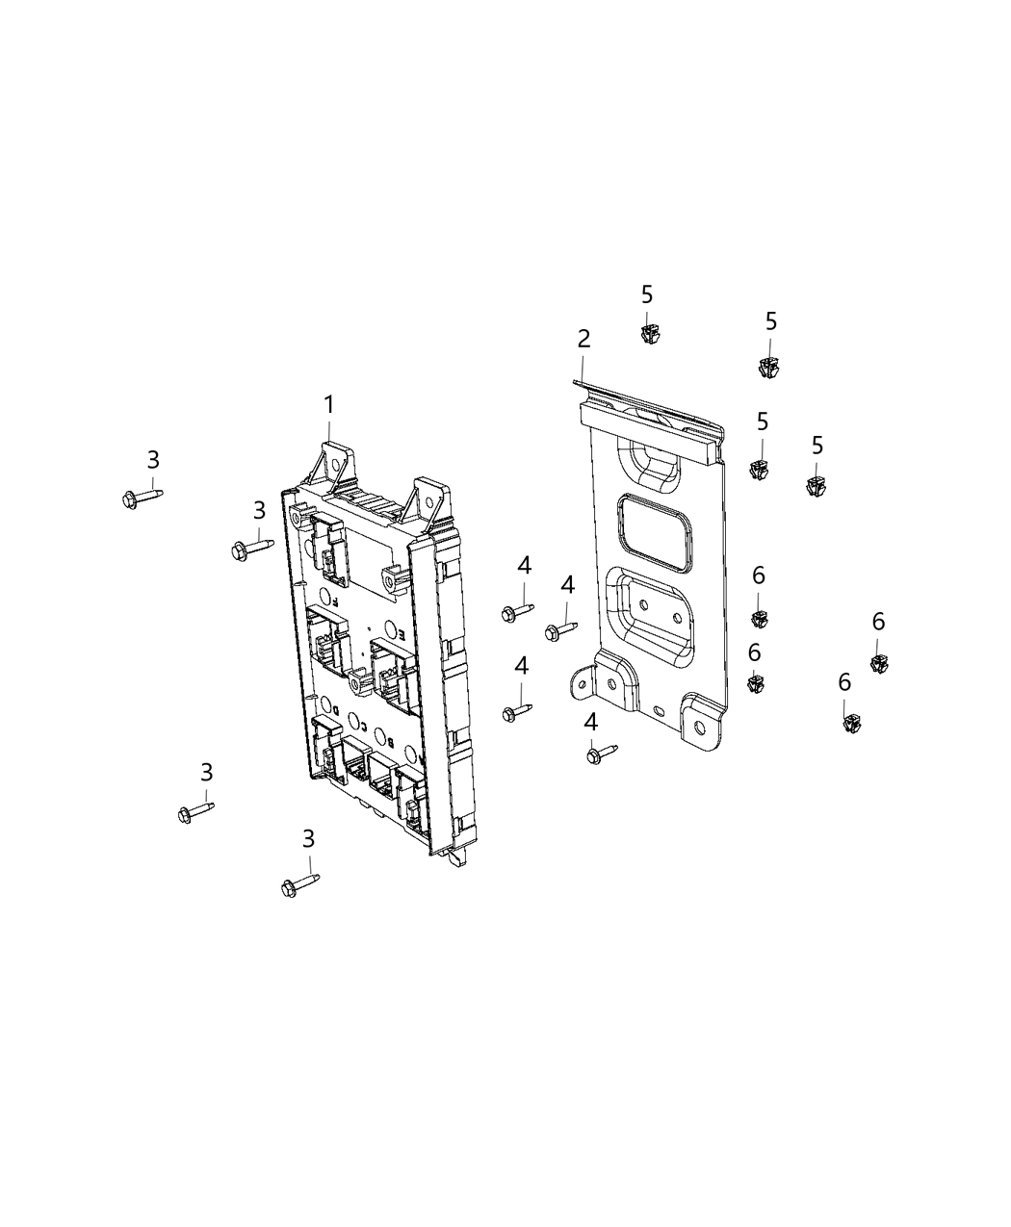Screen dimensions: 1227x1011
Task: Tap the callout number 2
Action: pyautogui.click(x=583, y=339)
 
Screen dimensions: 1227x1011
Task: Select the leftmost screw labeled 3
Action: pyautogui.click(x=140, y=497)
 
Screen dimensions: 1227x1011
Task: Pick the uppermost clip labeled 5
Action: pyautogui.click(x=648, y=333)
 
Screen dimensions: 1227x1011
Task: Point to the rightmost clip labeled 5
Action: pyautogui.click(x=817, y=483)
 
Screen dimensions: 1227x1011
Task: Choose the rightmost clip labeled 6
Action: pyautogui.click(x=878, y=661)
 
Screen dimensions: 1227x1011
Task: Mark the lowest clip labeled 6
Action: pyautogui.click(x=849, y=722)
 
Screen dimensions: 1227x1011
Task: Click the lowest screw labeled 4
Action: pyautogui.click(x=600, y=754)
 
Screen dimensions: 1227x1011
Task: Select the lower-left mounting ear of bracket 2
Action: pyautogui.click(x=583, y=682)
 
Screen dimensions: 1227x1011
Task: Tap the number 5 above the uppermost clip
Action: pyautogui.click(x=647, y=294)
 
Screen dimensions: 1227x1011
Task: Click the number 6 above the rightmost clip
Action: pyautogui.click(x=878, y=622)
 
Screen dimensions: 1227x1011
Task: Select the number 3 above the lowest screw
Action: pyautogui.click(x=308, y=839)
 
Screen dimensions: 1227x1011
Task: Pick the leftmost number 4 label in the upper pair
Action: pyautogui.click(x=524, y=566)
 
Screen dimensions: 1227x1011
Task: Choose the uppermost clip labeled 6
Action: pyautogui.click(x=759, y=617)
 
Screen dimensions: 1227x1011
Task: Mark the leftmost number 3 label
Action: pyautogui.click(x=153, y=460)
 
